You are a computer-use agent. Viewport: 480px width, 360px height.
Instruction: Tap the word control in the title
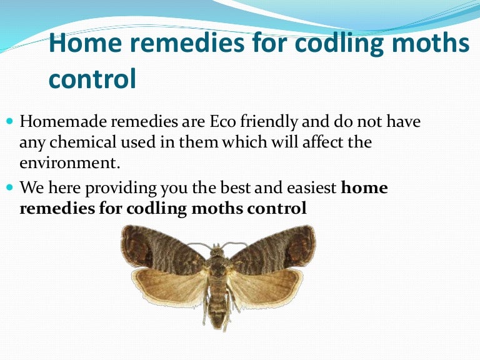pyautogui.click(x=92, y=79)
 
